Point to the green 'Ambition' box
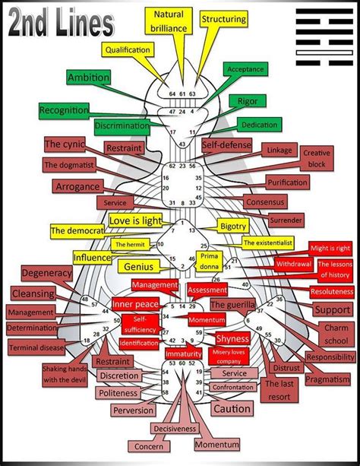pyautogui.click(x=88, y=78)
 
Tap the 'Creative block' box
pyautogui.click(x=317, y=158)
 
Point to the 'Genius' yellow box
pyautogui.click(x=136, y=267)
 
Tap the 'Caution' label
pyautogui.click(x=232, y=409)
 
